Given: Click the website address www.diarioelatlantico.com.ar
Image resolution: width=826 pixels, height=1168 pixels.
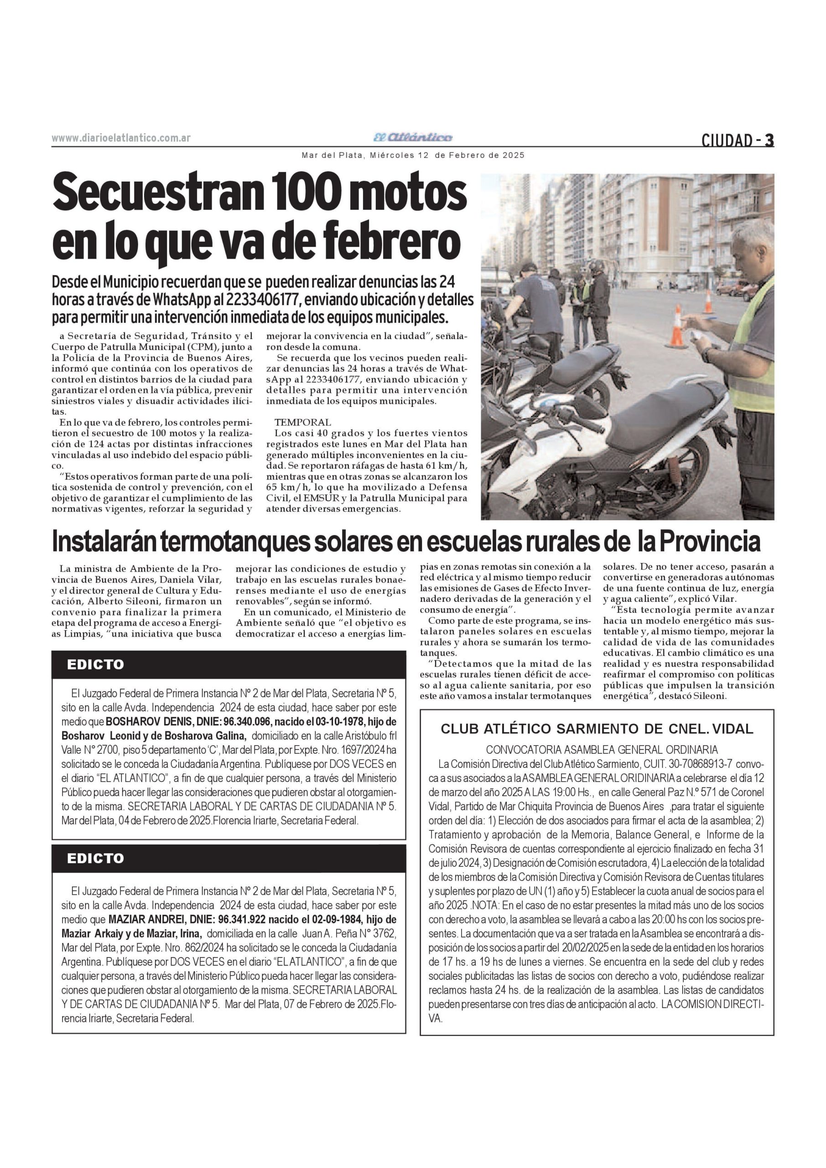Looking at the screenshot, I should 121,138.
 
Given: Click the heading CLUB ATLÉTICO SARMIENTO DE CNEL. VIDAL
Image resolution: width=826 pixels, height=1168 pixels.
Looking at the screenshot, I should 597,729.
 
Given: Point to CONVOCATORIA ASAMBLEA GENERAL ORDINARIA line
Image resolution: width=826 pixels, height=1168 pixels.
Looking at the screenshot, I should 602,750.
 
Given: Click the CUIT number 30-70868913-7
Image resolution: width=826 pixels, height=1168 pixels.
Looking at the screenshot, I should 699,765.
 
